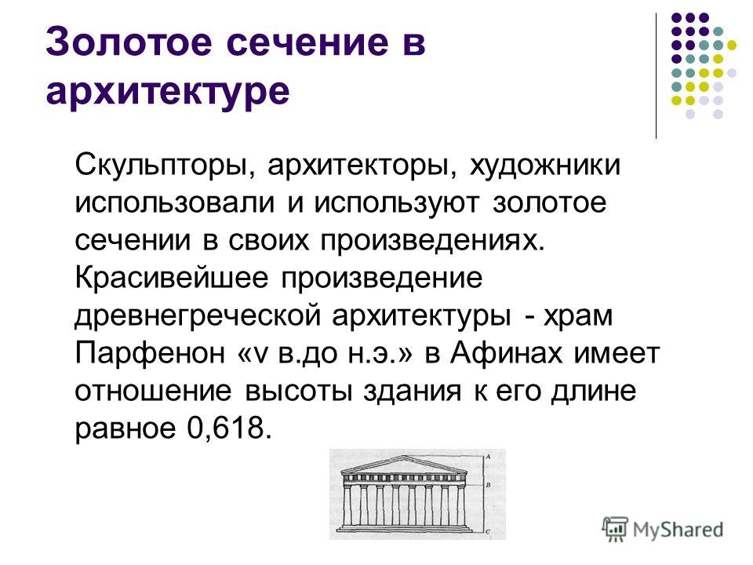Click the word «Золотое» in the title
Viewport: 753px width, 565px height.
coord(129,42)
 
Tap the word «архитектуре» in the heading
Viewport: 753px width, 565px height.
coord(168,90)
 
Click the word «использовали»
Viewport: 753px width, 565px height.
coord(175,202)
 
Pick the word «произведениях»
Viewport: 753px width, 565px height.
coord(433,241)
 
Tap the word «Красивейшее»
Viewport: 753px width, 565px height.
coord(172,278)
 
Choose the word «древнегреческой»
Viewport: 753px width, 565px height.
coord(198,316)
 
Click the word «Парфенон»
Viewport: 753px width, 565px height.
coord(150,354)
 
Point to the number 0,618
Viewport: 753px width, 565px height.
coord(230,428)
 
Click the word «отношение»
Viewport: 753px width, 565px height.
coord(153,391)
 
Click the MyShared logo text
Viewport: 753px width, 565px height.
coord(678,530)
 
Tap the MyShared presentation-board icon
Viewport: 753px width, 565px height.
coord(615,529)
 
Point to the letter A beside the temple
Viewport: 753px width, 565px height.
coord(488,457)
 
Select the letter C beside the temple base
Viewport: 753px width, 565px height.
coord(488,531)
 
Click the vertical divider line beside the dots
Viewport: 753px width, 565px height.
coord(656,76)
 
